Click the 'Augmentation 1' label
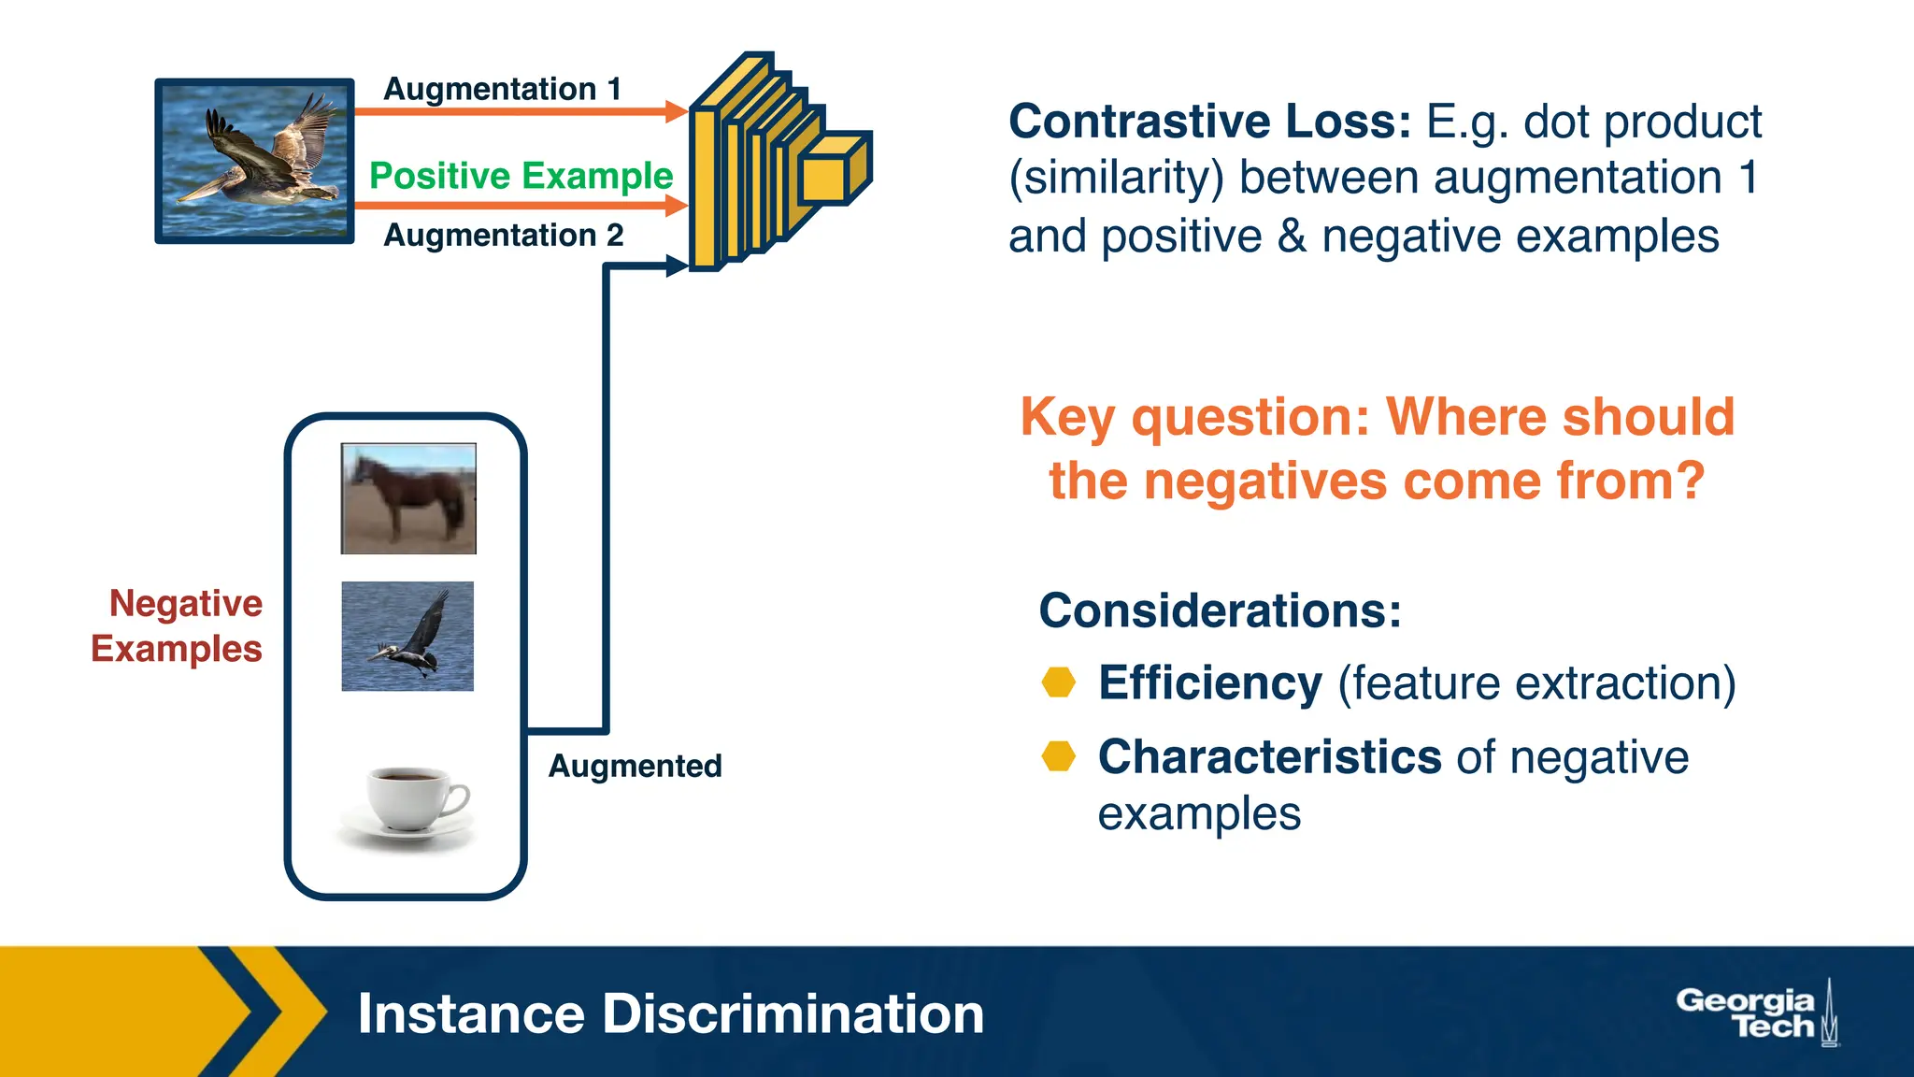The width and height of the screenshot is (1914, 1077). point(503,89)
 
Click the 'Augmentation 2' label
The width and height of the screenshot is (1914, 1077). point(503,235)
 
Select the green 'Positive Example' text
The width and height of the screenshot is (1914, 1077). point(521,176)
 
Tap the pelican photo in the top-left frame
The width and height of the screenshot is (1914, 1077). point(254,161)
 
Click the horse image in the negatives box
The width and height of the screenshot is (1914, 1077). point(408,498)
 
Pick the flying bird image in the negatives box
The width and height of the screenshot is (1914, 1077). point(407,637)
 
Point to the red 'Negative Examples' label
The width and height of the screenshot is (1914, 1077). point(178,625)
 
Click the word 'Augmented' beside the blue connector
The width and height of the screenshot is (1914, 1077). point(635,766)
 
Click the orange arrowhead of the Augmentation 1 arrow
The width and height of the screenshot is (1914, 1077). point(677,112)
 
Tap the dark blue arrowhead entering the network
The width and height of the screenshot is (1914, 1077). point(677,266)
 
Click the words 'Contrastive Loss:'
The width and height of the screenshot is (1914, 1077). point(1209,122)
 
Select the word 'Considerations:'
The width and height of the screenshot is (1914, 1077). point(1220,610)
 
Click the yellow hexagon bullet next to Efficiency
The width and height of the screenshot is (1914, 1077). point(1058,682)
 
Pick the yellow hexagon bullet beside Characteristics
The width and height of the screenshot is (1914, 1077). point(1058,755)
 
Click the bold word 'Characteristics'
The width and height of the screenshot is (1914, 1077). point(1269,756)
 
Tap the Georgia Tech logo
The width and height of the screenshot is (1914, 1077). point(1756,1013)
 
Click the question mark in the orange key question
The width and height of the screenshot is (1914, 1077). point(1690,481)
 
